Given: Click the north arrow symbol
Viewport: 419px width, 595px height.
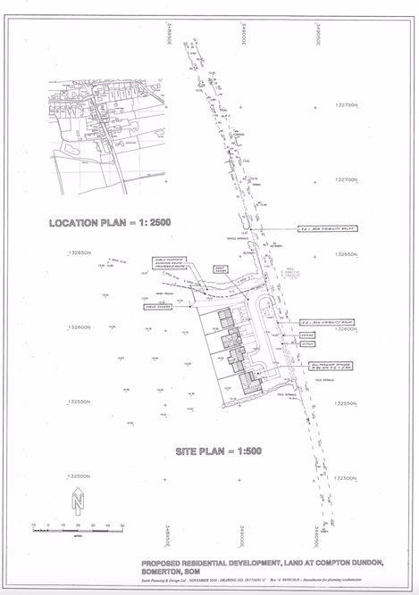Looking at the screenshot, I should coord(78,501).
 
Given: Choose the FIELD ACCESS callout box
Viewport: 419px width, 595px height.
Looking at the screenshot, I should coord(155,306).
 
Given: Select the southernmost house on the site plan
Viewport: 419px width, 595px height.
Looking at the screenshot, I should coord(244,382).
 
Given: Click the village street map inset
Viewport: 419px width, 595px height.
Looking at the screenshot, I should coord(107,134).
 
